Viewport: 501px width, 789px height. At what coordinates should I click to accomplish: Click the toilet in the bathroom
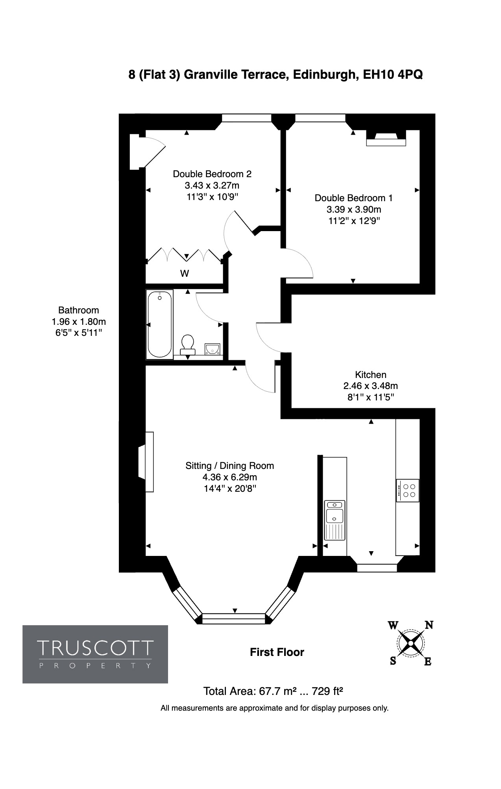pyautogui.click(x=187, y=344)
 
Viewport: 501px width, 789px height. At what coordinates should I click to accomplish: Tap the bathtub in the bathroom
pyautogui.click(x=159, y=324)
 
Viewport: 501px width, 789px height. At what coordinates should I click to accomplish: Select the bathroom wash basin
pyautogui.click(x=213, y=349)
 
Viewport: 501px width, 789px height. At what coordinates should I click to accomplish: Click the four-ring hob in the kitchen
pyautogui.click(x=408, y=490)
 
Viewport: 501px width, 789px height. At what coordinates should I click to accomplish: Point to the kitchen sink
pyautogui.click(x=335, y=520)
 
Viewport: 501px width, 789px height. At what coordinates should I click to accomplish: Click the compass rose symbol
pyautogui.click(x=410, y=643)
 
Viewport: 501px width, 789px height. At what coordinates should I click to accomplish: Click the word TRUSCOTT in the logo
pyautogui.click(x=95, y=648)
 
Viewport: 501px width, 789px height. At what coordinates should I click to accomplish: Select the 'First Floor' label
pyautogui.click(x=277, y=652)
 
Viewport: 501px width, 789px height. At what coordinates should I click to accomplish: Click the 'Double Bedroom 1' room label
pyautogui.click(x=353, y=198)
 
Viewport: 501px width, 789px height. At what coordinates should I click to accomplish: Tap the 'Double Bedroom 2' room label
pyautogui.click(x=212, y=174)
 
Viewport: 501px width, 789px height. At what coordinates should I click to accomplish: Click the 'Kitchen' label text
pyautogui.click(x=371, y=374)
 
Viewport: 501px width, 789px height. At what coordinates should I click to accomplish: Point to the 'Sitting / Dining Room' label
pyautogui.click(x=230, y=466)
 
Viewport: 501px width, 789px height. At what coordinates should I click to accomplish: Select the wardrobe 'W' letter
pyautogui.click(x=185, y=273)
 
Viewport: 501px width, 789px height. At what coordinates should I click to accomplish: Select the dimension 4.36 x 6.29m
pyautogui.click(x=230, y=477)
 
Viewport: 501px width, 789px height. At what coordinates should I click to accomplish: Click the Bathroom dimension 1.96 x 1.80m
pyautogui.click(x=79, y=322)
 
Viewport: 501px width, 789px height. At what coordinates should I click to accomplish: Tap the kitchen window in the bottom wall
pyautogui.click(x=377, y=568)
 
